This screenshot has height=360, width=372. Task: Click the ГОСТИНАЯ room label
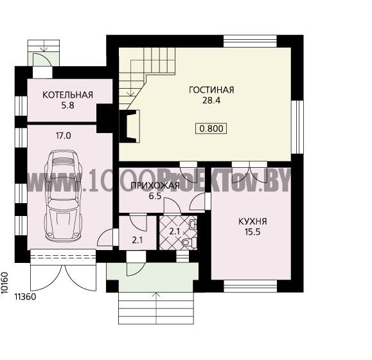[211, 90]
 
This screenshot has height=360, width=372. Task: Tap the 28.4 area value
[211, 100]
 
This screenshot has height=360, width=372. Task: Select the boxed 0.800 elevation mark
[211, 129]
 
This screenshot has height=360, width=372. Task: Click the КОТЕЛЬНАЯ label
[67, 94]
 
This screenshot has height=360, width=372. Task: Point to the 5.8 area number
[68, 105]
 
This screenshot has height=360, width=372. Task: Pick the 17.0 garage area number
[64, 136]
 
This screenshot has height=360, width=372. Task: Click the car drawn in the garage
[64, 195]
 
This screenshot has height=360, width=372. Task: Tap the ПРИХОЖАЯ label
[155, 185]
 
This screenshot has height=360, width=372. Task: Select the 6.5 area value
[155, 196]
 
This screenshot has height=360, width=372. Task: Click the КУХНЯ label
[252, 221]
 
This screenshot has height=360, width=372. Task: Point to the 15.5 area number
[252, 232]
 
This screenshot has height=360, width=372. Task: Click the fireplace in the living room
[129, 126]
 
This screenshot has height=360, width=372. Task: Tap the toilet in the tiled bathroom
[189, 242]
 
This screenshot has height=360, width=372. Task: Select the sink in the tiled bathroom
[193, 224]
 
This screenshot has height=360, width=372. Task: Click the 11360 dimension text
[26, 296]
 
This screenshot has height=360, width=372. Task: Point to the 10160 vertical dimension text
[4, 283]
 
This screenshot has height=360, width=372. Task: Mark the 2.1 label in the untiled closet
[137, 240]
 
